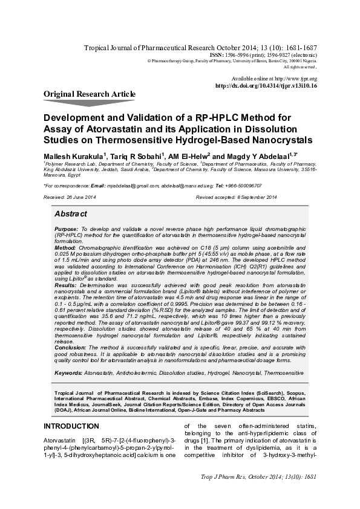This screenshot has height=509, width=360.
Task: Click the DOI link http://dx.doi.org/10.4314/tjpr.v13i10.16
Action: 266,86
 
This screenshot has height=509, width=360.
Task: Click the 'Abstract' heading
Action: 71,215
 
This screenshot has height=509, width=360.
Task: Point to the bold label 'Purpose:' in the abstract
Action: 66,230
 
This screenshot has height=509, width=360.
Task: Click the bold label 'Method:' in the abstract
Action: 65,248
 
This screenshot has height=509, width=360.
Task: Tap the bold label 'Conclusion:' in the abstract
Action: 70,348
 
